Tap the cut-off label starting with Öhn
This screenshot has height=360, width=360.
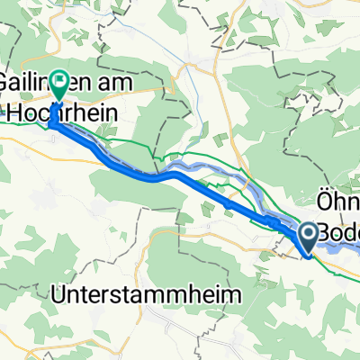[337, 195]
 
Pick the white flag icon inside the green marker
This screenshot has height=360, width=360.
[59, 84]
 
